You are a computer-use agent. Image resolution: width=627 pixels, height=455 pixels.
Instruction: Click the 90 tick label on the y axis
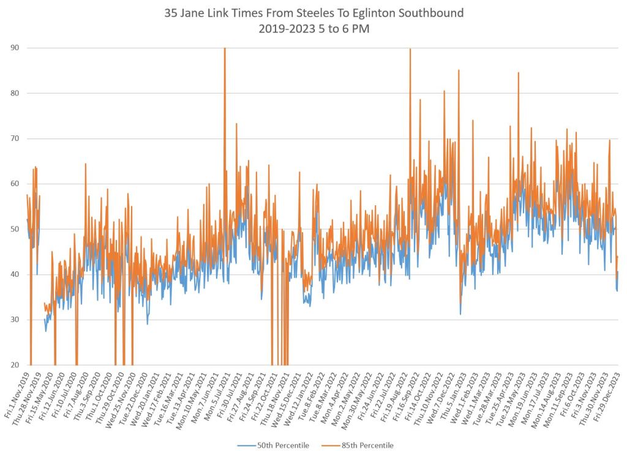(13, 48)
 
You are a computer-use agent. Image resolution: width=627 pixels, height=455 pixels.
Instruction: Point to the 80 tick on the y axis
(13, 93)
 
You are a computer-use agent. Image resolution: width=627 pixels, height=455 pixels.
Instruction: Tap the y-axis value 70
(13, 138)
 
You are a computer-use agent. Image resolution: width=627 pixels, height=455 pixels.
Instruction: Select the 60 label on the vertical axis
(13, 184)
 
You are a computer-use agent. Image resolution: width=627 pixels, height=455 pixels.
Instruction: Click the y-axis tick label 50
(13, 229)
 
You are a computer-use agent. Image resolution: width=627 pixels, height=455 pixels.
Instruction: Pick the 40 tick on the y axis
(13, 274)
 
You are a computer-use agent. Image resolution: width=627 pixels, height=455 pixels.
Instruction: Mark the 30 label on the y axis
(13, 320)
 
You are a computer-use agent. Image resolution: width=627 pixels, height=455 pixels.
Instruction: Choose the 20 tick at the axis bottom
(13, 365)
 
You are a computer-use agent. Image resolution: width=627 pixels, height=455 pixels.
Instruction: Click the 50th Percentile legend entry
(270, 445)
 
